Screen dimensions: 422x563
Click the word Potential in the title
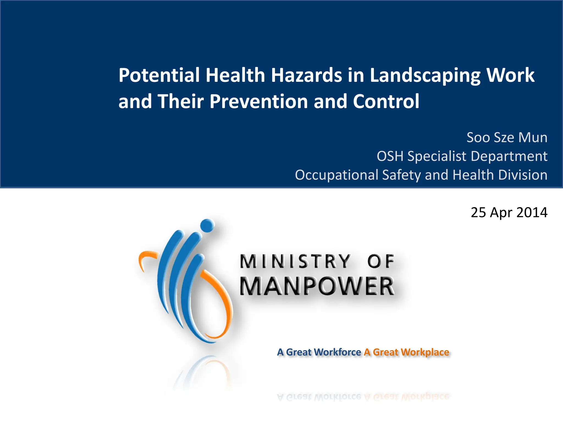point(159,75)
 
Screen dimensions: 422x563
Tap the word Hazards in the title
point(306,75)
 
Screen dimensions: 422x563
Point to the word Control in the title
point(386,101)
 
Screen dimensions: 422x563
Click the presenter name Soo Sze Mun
point(507,137)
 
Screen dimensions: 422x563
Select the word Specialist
point(437,156)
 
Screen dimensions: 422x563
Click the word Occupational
point(336,175)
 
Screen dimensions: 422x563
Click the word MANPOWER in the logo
point(317,287)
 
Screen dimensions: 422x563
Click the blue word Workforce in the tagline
point(337,352)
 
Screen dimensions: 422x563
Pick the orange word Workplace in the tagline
point(425,352)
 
